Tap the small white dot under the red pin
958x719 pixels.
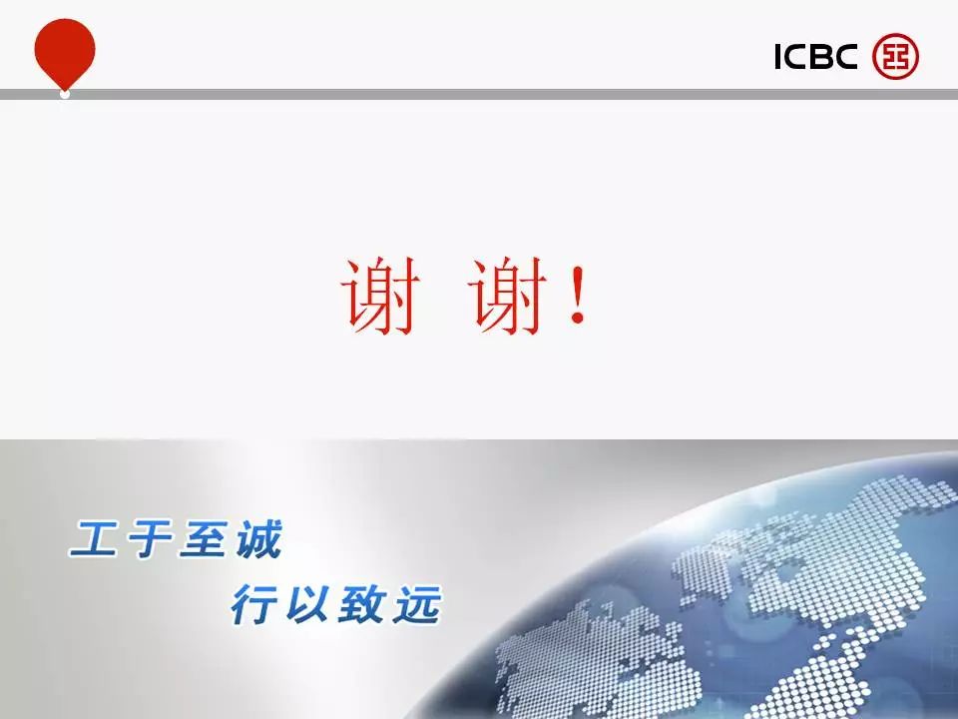[65, 94]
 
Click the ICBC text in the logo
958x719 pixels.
[816, 56]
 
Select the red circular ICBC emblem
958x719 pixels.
[895, 56]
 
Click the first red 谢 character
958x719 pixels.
[381, 296]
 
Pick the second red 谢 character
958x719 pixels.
[508, 296]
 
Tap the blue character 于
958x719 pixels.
[151, 538]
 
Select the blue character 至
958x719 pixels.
[204, 538]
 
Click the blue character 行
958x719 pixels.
[255, 604]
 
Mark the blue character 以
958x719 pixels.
[309, 604]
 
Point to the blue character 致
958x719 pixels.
[363, 604]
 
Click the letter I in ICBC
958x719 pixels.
[777, 56]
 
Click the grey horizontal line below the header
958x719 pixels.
[479, 94]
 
